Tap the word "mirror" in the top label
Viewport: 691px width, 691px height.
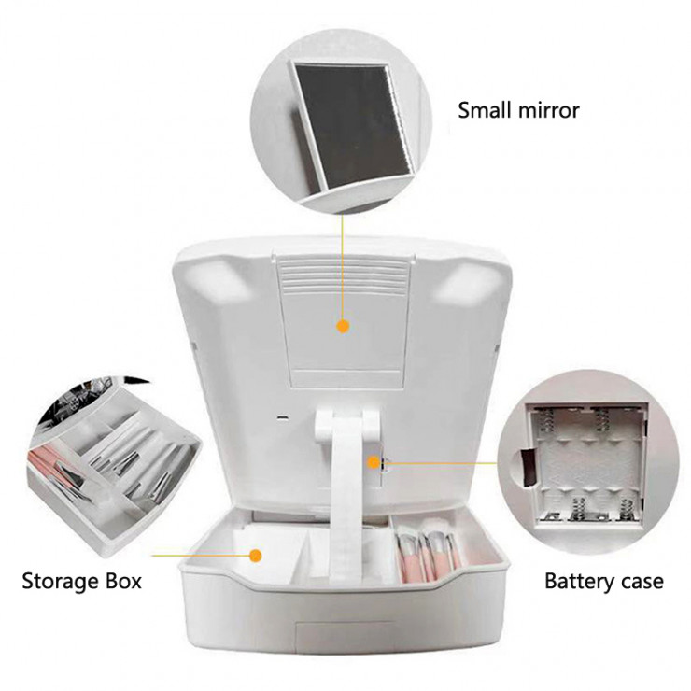point(549,110)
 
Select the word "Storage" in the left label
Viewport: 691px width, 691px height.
point(61,582)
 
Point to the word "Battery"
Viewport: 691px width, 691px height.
point(580,582)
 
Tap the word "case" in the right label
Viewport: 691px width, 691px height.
point(642,582)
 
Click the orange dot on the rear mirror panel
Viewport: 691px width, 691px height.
point(343,327)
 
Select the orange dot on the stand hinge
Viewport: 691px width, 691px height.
point(374,462)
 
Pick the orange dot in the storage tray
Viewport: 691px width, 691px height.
point(255,556)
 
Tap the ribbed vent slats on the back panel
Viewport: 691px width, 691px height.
point(343,275)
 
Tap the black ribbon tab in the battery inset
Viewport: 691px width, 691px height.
point(528,467)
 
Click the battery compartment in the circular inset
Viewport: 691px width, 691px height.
point(588,463)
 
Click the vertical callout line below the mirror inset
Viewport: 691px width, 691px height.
point(342,270)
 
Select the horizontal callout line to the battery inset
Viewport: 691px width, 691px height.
point(440,463)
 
